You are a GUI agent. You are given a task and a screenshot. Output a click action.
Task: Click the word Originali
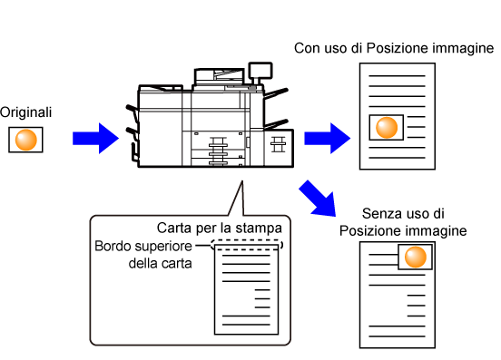(x=25, y=112)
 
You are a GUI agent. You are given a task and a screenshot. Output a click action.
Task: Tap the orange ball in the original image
(x=26, y=140)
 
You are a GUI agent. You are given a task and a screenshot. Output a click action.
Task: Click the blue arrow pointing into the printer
(x=95, y=138)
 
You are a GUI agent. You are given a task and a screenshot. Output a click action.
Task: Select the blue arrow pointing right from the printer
(x=327, y=138)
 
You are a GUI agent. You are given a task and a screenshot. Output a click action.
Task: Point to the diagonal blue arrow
(x=319, y=199)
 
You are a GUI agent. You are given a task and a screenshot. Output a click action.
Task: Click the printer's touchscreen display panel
(x=260, y=71)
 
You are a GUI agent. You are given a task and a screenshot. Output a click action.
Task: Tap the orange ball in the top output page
(x=387, y=127)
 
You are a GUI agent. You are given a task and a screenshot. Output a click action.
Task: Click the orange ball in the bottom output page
(x=416, y=257)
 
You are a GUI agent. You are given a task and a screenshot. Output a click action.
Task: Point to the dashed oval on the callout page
(x=247, y=240)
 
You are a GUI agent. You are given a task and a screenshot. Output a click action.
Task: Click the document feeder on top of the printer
(x=220, y=76)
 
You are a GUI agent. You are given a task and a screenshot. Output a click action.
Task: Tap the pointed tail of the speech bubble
(x=242, y=181)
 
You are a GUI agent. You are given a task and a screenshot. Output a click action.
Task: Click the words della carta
(x=160, y=264)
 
